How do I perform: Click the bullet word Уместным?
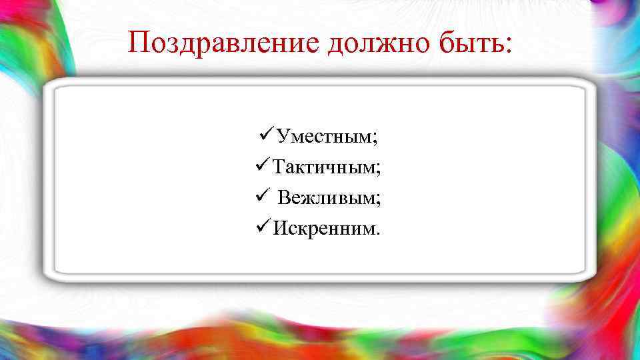[324, 138]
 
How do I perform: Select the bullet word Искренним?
[325, 229]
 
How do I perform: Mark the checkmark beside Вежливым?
[261, 197]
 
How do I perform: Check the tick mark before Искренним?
[261, 227]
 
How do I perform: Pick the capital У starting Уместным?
[283, 137]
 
